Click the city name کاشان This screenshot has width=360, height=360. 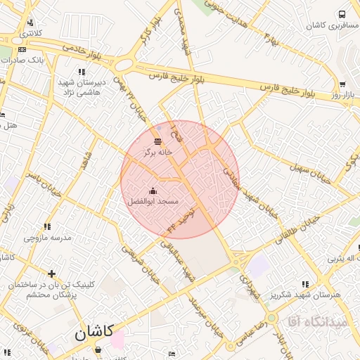click(94, 333)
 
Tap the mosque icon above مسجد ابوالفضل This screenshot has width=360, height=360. click(153, 191)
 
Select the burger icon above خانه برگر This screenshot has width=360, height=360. click(156, 141)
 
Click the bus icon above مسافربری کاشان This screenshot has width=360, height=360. click(342, 14)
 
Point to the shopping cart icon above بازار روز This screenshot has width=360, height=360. click(342, 84)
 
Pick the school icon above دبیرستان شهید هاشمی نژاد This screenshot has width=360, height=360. click(82, 72)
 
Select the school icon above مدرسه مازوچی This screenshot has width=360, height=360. click(48, 226)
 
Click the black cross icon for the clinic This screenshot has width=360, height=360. click(51, 274)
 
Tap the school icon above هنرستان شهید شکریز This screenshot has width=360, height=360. click(304, 284)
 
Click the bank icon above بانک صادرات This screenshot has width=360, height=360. click(22, 49)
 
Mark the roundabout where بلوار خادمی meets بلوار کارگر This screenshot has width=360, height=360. click(124, 65)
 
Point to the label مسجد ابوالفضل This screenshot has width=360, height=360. click(153, 202)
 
